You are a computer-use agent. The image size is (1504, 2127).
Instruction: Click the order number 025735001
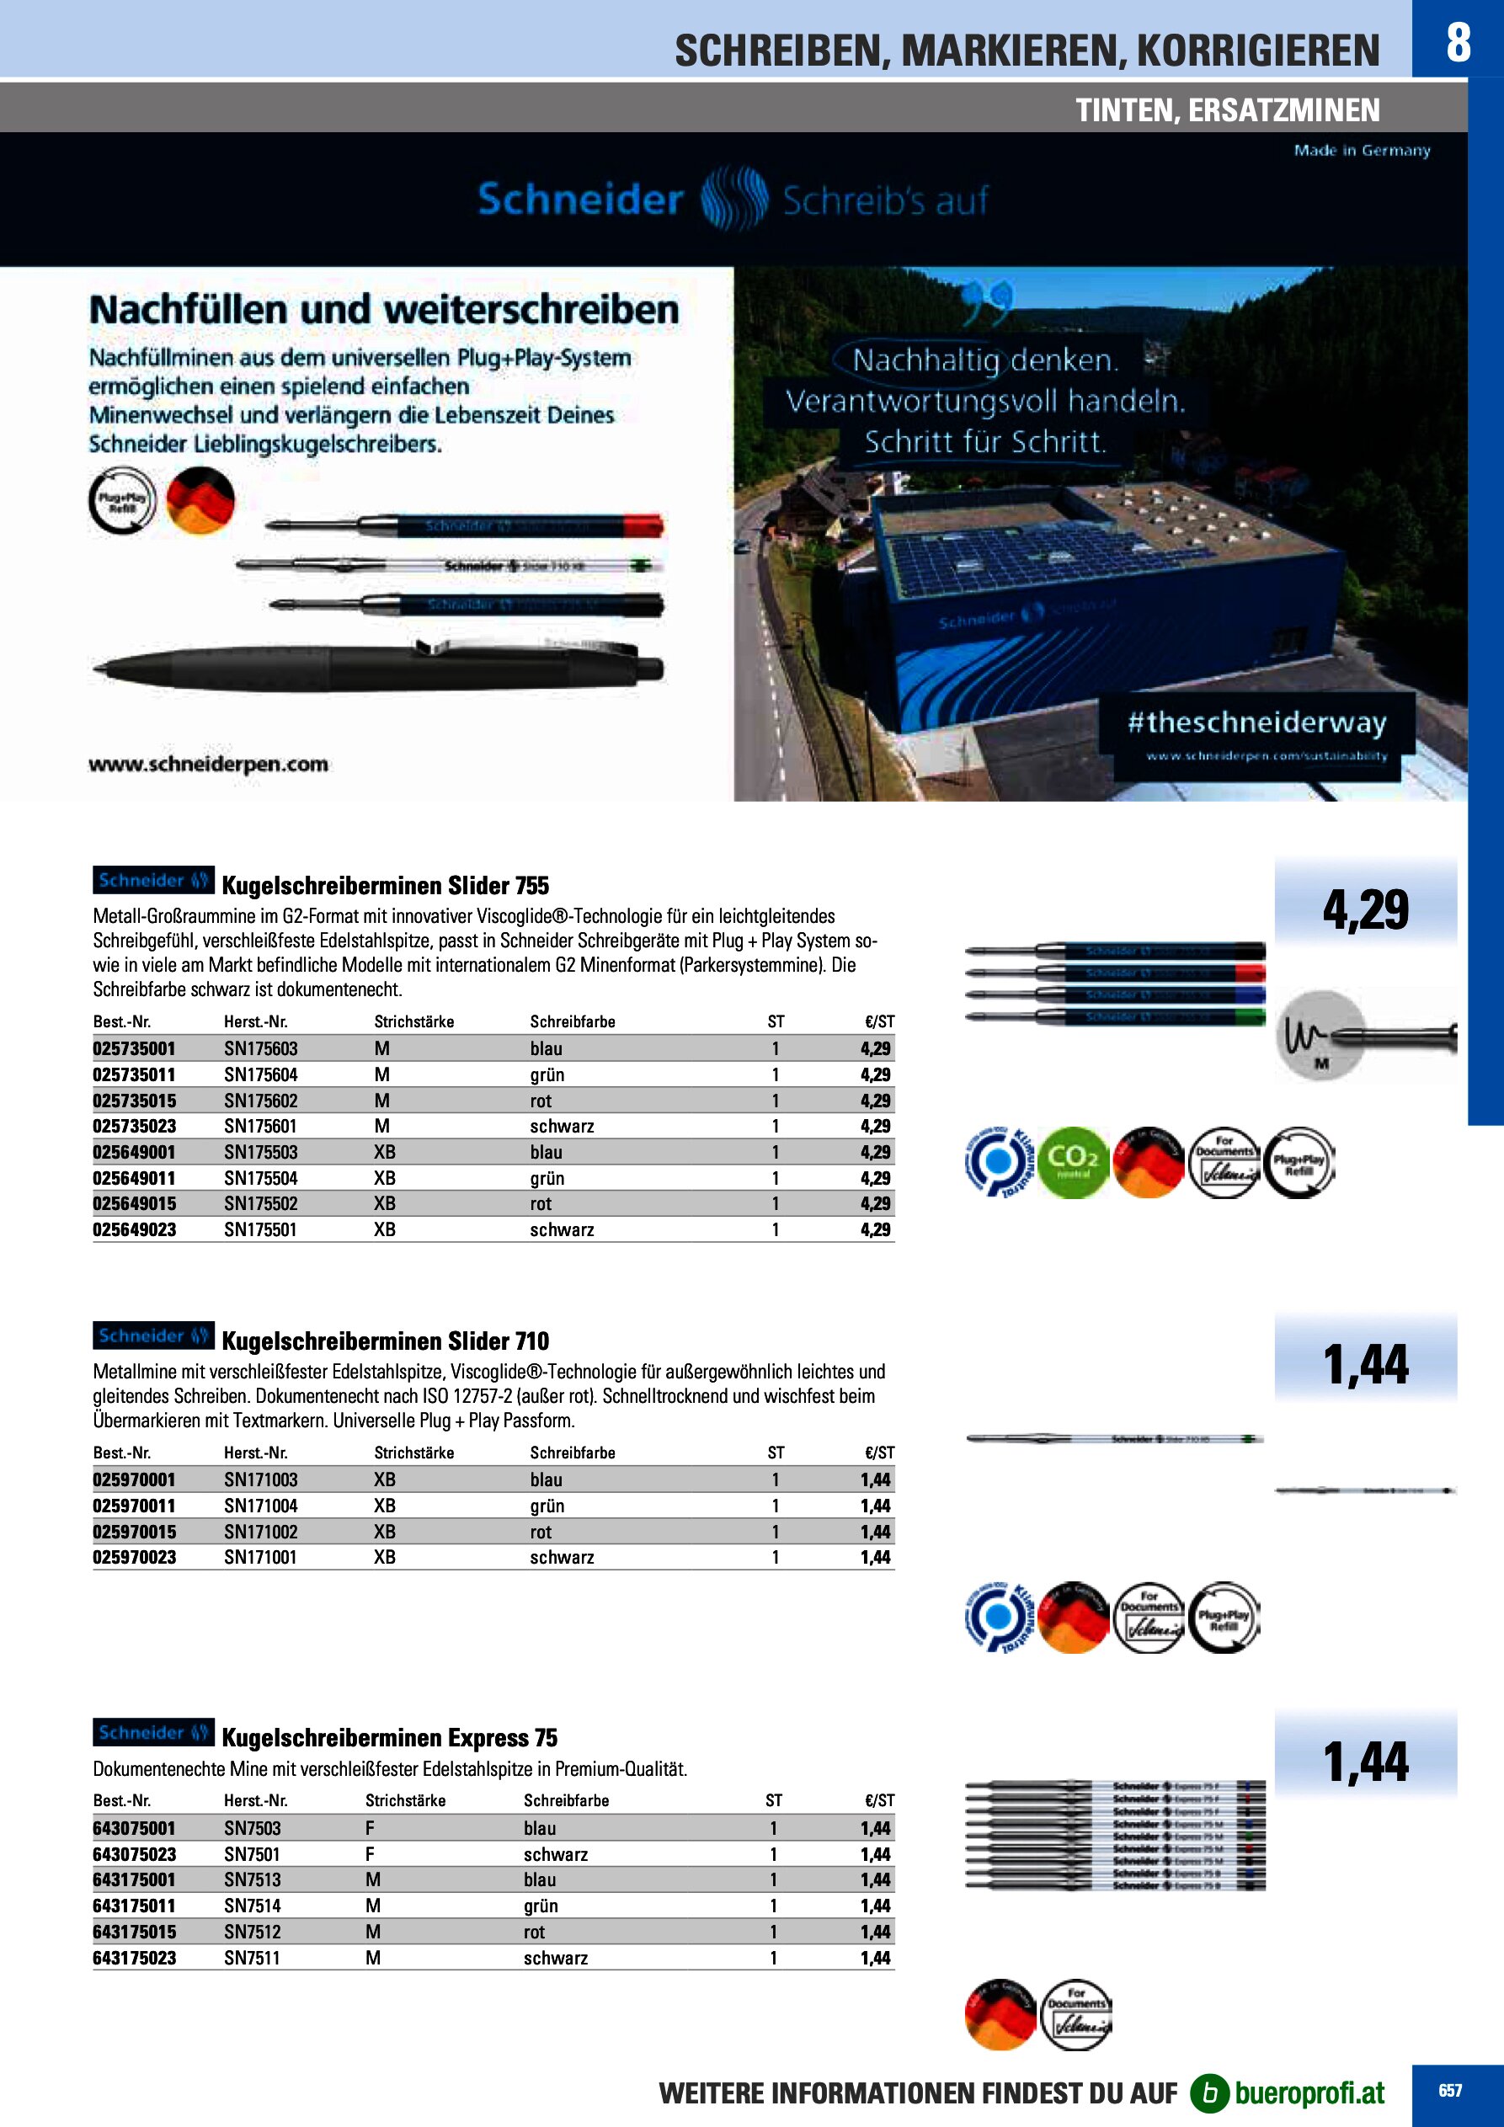(x=135, y=1048)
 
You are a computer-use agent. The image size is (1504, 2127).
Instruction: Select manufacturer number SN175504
(x=260, y=1178)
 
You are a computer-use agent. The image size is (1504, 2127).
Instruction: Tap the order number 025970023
(x=135, y=1557)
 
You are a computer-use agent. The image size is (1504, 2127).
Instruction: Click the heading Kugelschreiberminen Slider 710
(x=386, y=1341)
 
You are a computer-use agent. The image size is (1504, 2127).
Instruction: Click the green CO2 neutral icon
(x=1073, y=1162)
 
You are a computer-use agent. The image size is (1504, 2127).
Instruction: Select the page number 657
(x=1450, y=2091)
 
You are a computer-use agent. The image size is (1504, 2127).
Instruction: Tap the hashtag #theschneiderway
(x=1256, y=722)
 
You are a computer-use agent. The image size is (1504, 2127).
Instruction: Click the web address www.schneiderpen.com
(x=209, y=765)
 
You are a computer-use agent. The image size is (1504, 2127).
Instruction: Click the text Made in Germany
(x=1362, y=150)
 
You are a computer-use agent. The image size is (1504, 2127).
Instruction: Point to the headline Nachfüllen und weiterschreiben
(x=384, y=309)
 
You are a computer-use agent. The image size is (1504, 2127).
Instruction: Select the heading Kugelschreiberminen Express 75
(x=389, y=1738)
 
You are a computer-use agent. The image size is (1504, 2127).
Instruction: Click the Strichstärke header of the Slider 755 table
(x=413, y=1021)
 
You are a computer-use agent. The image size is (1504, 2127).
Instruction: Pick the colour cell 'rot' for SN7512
(x=534, y=1932)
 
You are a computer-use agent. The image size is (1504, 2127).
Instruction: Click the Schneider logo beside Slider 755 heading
(x=153, y=880)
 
